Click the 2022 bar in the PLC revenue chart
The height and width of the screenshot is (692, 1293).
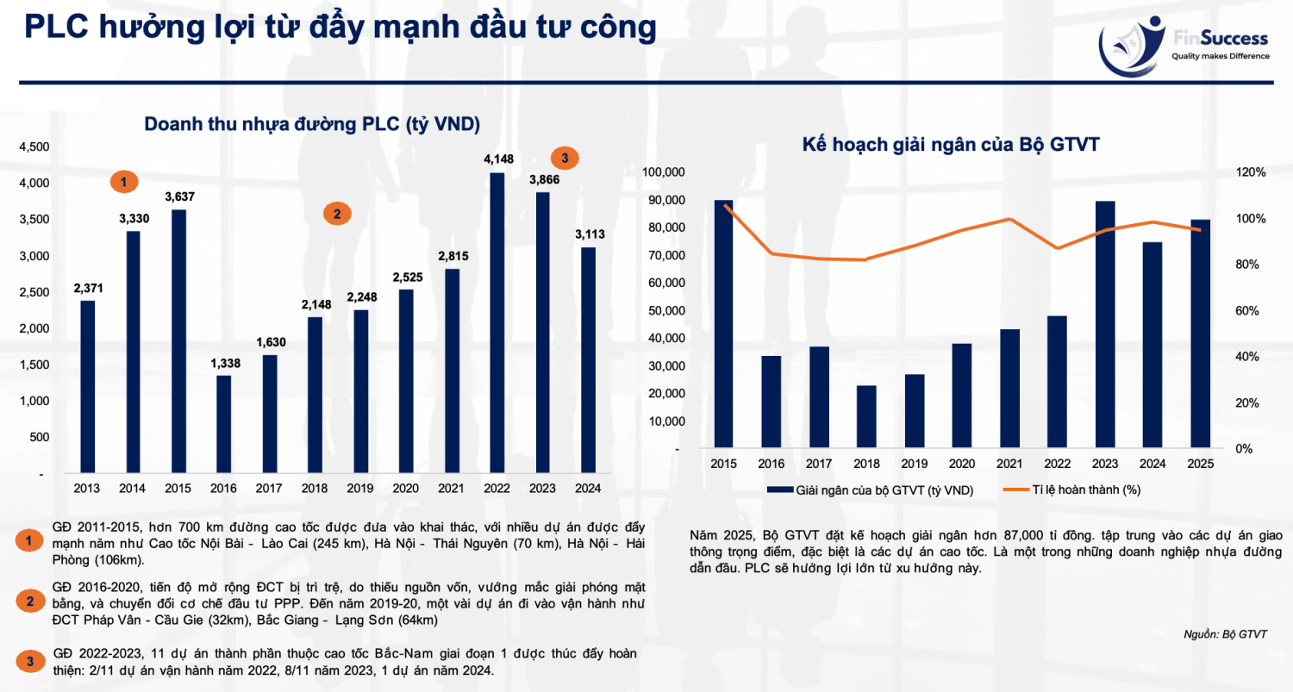[497, 322]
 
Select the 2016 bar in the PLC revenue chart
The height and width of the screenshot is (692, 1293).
[223, 424]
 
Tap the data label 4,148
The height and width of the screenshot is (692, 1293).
[499, 159]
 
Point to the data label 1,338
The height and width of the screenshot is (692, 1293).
[225, 363]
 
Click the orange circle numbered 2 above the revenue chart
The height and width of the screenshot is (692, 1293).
[337, 214]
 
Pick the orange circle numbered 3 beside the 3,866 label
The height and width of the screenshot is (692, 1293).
[565, 158]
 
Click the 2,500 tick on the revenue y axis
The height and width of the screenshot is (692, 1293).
[34, 292]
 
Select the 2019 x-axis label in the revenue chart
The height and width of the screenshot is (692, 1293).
[360, 489]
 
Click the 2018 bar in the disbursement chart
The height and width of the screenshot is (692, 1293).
[865, 417]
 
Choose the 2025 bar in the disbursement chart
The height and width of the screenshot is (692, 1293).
[1200, 334]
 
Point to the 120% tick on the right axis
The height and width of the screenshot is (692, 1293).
[1250, 172]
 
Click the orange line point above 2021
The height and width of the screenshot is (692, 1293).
[1009, 219]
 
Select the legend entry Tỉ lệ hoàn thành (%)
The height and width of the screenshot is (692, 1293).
[1072, 490]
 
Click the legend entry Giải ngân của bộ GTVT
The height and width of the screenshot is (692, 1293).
[870, 490]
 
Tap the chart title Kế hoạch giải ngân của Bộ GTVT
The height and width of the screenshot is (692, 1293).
[951, 144]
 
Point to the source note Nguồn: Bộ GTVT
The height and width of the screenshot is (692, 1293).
[1225, 634]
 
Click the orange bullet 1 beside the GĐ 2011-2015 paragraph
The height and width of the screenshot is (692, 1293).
[28, 541]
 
